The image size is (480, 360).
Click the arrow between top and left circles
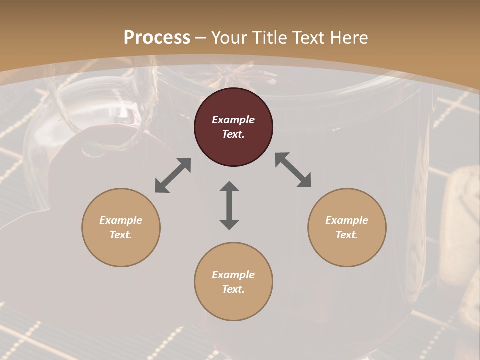[173, 175]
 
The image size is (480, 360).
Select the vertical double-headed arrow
[229, 205]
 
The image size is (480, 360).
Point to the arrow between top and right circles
[293, 170]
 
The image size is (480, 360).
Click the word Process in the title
[157, 37]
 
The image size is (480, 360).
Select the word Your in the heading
[230, 37]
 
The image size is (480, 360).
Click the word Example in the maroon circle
[233, 120]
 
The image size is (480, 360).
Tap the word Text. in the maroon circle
[233, 134]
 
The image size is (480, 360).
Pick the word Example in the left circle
[121, 220]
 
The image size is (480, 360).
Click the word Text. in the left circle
[121, 235]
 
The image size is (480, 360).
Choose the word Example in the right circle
[347, 220]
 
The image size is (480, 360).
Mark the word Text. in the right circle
[347, 235]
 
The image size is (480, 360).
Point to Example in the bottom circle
[233, 275]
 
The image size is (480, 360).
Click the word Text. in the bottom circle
[233, 289]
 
